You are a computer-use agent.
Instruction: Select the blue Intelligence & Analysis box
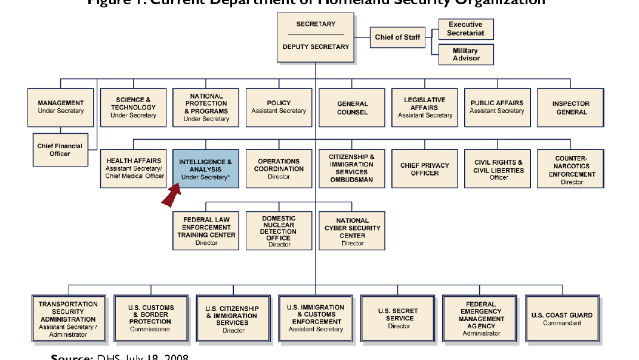point(206,169)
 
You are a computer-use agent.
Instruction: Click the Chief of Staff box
point(397,37)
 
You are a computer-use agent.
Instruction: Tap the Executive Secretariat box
point(466,29)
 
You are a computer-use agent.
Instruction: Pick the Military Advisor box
point(466,54)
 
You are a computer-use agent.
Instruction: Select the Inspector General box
point(571,108)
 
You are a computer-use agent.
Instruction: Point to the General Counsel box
point(352,108)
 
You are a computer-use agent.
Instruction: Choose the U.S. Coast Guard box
point(561,319)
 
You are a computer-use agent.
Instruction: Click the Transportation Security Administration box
point(68,319)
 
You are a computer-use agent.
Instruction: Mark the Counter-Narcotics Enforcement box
point(571,170)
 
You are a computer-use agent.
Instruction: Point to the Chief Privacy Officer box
point(425,170)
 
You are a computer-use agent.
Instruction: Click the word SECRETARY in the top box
point(316,24)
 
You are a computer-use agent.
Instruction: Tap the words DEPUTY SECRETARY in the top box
point(316,47)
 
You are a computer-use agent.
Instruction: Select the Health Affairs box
point(134,169)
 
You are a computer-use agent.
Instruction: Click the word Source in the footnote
point(69,357)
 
